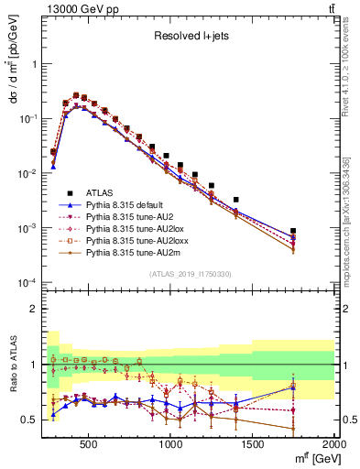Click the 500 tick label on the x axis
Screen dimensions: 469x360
tap(89, 443)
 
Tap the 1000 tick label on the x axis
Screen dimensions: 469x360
tap(171, 443)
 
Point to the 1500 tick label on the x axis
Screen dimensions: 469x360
tap(253, 443)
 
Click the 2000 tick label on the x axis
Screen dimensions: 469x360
tap(333, 443)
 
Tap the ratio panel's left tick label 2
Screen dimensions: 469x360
tap(34, 309)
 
